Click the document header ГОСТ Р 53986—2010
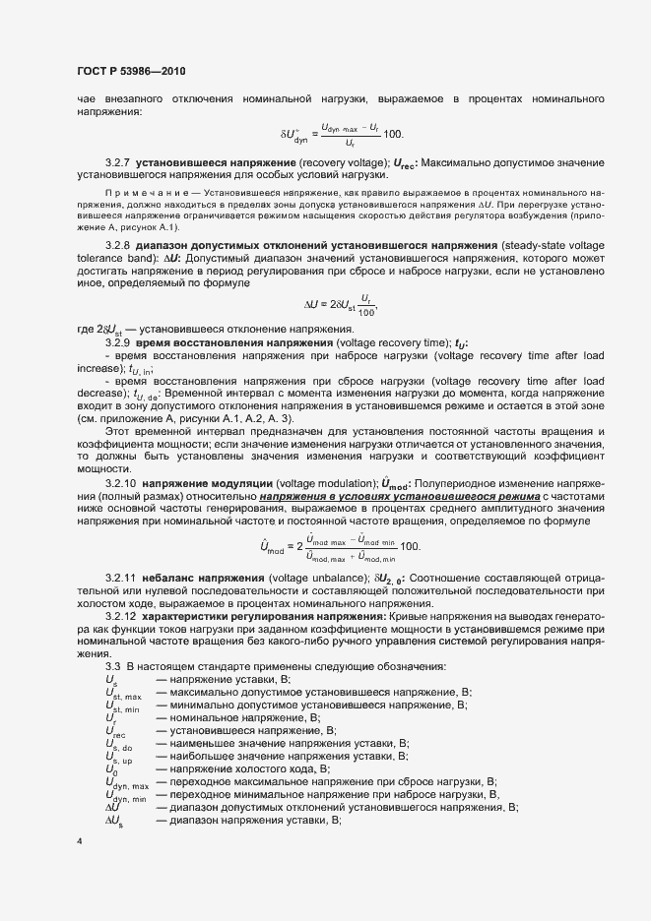coord(130,72)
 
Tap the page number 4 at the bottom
coord(79,841)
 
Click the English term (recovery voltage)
coord(345,160)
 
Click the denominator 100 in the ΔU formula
coord(367,311)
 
